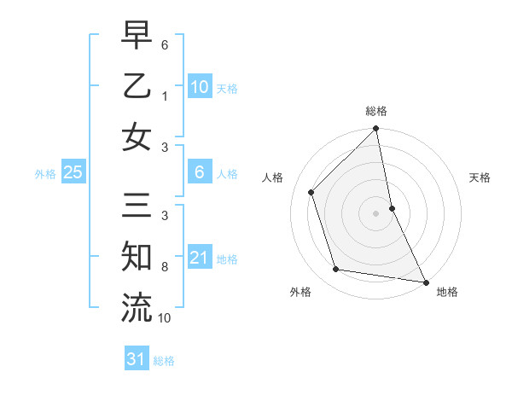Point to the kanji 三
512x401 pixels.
tap(137, 206)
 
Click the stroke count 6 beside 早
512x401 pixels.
tap(165, 44)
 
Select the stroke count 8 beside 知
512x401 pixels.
tap(165, 266)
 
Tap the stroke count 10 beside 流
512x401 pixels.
tap(165, 317)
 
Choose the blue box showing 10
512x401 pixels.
tap(199, 86)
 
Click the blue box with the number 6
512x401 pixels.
tap(199, 172)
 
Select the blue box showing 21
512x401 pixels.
tap(199, 258)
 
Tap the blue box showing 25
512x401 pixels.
tap(73, 172)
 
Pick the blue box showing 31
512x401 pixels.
tap(136, 359)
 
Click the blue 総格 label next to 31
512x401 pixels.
tap(164, 361)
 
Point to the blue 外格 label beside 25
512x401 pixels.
tap(45, 174)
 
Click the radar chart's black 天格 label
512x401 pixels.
tap(480, 177)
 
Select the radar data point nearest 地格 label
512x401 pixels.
tap(424, 282)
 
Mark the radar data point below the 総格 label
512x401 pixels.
tap(375, 130)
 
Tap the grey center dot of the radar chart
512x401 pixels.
tap(375, 212)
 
